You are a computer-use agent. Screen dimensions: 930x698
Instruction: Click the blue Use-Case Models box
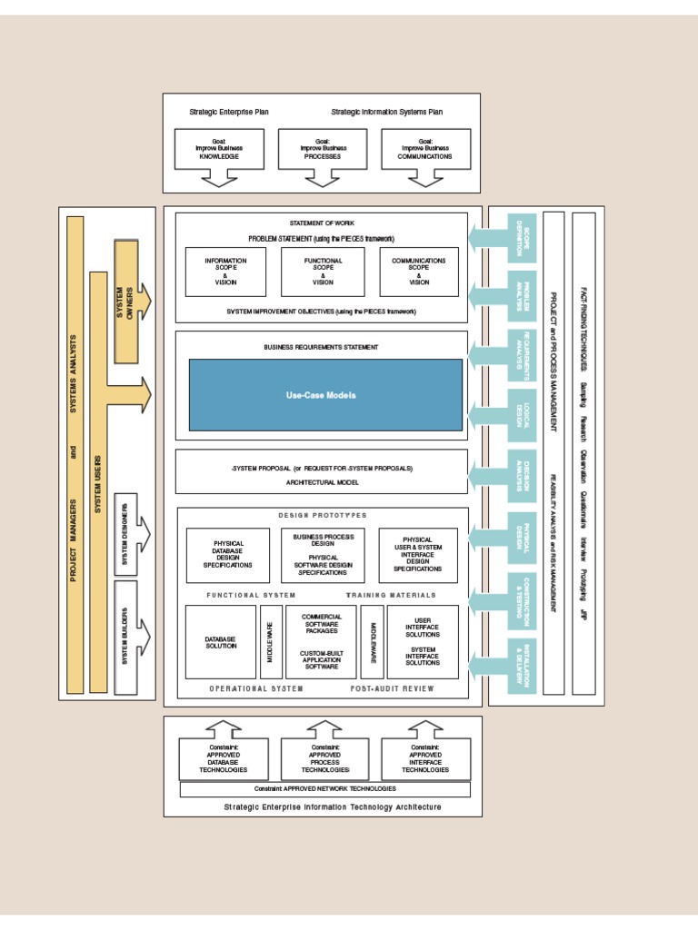tap(325, 394)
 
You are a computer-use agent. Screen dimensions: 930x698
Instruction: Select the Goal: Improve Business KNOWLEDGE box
tap(218, 149)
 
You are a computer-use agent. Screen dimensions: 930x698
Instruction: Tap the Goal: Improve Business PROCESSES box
tap(322, 149)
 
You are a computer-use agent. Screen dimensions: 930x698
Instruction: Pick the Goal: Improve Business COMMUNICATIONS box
tap(425, 149)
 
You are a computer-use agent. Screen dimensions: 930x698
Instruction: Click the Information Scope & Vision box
tap(225, 272)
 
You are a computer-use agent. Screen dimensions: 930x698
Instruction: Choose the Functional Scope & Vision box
tap(323, 272)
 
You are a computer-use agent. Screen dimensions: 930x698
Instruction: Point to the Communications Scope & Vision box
tap(419, 272)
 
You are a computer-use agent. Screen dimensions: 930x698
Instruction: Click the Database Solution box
tap(220, 642)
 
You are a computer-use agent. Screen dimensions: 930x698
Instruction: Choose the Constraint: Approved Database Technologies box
tap(224, 758)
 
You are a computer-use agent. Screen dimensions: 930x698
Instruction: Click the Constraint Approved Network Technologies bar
tap(325, 789)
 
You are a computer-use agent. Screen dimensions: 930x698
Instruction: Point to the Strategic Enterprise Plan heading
tap(229, 113)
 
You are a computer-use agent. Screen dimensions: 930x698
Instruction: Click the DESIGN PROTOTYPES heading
tap(323, 515)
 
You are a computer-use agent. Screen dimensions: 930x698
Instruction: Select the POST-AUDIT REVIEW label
tap(393, 688)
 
